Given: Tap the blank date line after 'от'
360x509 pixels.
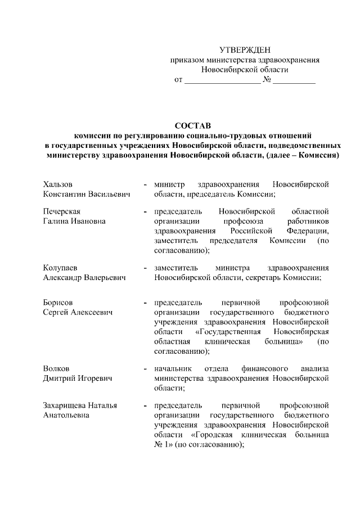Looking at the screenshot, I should coord(222,80).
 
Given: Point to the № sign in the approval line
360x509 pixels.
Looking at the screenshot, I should coord(267,80).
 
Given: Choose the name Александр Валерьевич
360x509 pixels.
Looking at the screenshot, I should coord(85,277).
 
